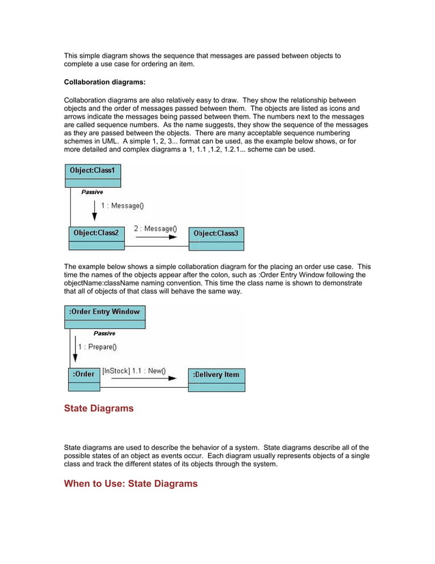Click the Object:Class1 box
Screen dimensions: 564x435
coord(93,175)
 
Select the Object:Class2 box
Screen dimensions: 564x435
coord(95,238)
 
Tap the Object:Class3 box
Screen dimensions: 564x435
coord(216,238)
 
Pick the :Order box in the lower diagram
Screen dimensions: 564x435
coord(84,379)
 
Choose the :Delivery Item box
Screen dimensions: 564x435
coord(216,380)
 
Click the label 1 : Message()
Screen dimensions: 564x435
coord(123,205)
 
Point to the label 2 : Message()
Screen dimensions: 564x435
coord(155,229)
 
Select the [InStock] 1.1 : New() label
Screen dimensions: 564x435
coord(134,371)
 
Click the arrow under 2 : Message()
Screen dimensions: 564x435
coord(156,238)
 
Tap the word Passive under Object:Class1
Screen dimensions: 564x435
coord(92,193)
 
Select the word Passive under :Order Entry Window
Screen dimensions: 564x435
coord(104,333)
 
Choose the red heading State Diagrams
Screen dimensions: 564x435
coord(99,409)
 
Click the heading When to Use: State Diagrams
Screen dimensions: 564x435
coord(130,484)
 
